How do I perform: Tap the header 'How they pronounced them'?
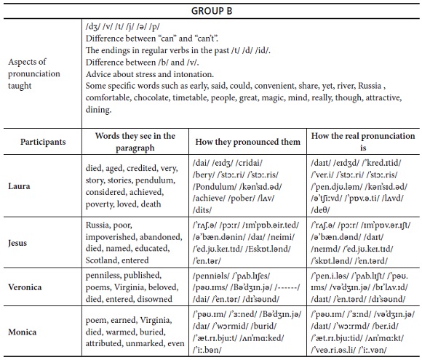coord(249,141)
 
